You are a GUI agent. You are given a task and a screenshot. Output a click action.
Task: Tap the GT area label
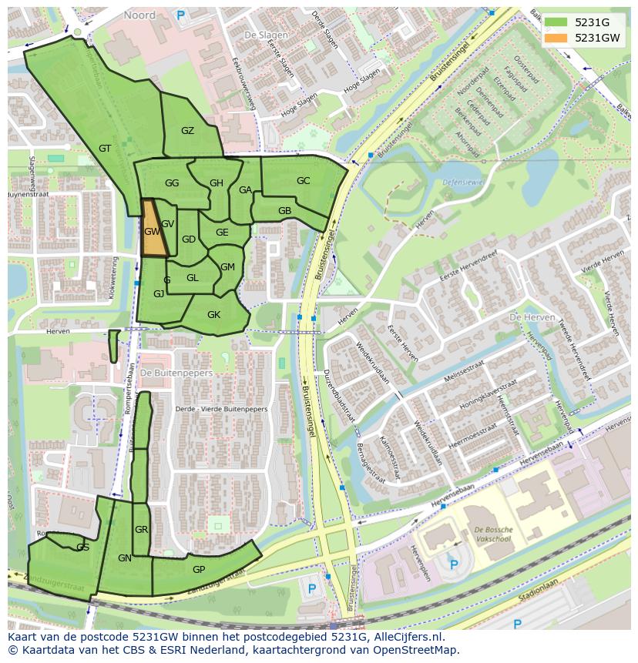pyautogui.click(x=105, y=149)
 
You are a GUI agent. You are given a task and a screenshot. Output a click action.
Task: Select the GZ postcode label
pyautogui.click(x=187, y=131)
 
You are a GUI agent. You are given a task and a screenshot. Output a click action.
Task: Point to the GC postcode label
pyautogui.click(x=303, y=181)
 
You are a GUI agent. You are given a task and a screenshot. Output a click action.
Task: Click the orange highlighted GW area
pyautogui.click(x=152, y=230)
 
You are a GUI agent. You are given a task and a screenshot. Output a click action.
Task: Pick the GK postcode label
pyautogui.click(x=213, y=314)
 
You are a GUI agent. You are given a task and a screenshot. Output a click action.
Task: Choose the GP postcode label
pyautogui.click(x=199, y=570)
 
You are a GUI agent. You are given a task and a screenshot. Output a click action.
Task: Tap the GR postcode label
pyautogui.click(x=141, y=530)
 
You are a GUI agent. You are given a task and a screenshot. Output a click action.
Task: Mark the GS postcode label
pyautogui.click(x=82, y=547)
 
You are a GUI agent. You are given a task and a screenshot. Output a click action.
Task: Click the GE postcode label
pyautogui.click(x=222, y=233)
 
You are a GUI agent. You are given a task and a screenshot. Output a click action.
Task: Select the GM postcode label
pyautogui.click(x=227, y=267)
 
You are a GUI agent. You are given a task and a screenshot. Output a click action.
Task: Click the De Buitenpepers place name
pyautogui.click(x=176, y=373)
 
